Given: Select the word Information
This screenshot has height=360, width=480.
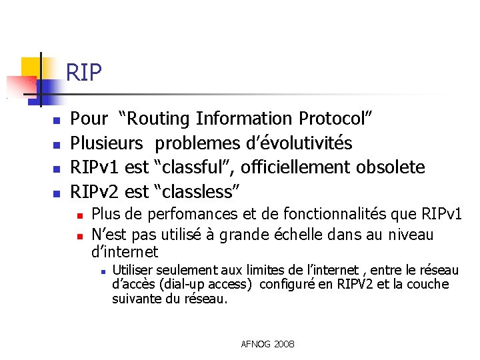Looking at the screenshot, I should (x=245, y=119).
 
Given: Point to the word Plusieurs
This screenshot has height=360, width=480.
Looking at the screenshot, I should (x=107, y=143).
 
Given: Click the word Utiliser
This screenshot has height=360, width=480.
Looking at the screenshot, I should (x=133, y=270).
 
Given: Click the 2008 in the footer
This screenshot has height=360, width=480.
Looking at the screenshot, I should (x=283, y=344).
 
